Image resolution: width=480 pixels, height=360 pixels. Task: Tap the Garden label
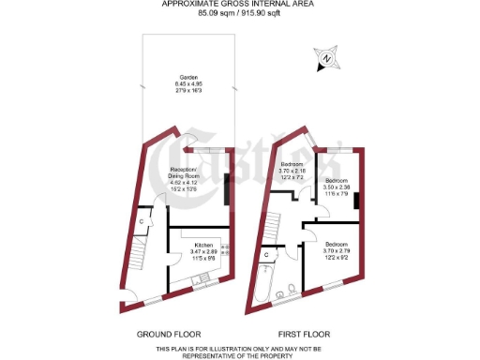[x=189, y=83]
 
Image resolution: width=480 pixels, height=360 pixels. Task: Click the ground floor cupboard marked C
[x=141, y=221]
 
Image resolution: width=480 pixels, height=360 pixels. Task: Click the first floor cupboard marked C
[x=265, y=254]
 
